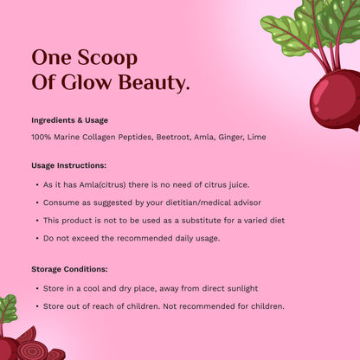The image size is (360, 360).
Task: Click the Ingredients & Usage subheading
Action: pos(71,120)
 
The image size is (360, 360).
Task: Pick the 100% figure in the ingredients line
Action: pos(41,138)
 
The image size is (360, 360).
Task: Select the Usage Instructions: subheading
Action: pos(68,165)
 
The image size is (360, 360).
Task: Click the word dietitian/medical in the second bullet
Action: pos(197,202)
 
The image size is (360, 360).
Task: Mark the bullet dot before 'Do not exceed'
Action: pos(35,237)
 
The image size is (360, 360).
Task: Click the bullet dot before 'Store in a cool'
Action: pos(35,288)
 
